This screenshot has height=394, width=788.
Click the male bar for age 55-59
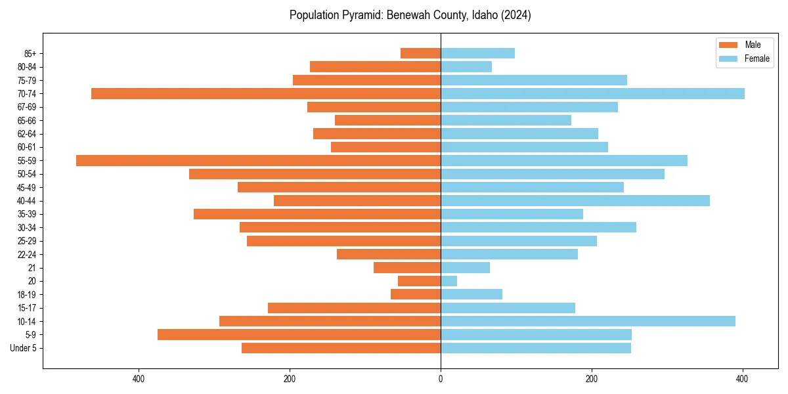click(x=258, y=161)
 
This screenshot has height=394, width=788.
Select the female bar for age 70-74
click(x=592, y=94)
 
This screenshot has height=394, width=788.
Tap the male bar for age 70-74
click(x=266, y=94)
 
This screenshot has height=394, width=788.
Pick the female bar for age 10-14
click(x=588, y=321)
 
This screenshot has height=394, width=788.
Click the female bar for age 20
click(x=449, y=281)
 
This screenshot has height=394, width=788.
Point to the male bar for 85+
click(x=420, y=53)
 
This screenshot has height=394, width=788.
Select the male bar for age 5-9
click(x=299, y=335)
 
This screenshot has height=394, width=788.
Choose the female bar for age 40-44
click(x=575, y=201)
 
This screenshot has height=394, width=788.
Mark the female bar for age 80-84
click(x=466, y=67)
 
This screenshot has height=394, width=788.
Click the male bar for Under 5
click(x=341, y=348)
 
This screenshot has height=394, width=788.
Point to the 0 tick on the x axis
click(x=441, y=379)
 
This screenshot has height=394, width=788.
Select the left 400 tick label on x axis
click(x=138, y=379)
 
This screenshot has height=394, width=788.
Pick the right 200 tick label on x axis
click(x=592, y=379)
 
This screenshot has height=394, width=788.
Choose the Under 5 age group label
click(x=23, y=348)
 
